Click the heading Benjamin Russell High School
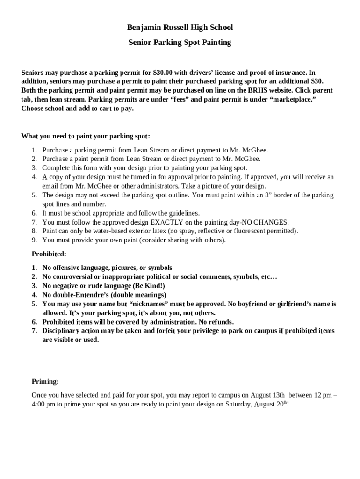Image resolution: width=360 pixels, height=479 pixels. click(180, 28)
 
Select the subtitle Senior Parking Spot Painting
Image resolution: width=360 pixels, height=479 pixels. click(180, 43)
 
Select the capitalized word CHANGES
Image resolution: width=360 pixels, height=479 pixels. click(271, 222)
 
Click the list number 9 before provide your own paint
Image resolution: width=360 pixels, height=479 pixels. click(34, 240)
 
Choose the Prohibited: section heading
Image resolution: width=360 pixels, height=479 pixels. click(49, 254)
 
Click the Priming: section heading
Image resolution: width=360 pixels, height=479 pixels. click(45, 382)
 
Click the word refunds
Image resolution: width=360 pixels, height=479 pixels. click(219, 322)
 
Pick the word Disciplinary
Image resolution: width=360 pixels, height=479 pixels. click(61, 331)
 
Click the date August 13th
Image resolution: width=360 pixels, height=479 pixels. click(268, 395)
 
